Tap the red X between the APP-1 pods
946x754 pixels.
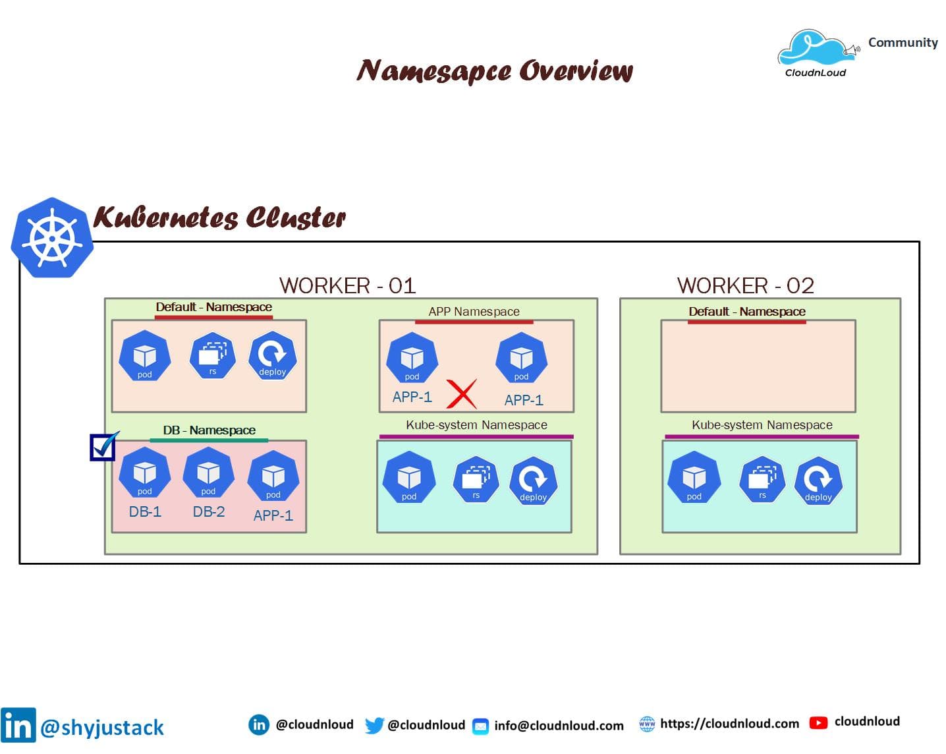(x=461, y=394)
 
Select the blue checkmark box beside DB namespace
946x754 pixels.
(x=103, y=448)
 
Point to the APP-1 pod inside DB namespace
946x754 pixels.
(x=273, y=476)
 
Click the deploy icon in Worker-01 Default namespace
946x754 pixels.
(x=272, y=356)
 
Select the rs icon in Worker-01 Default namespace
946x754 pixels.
(x=212, y=356)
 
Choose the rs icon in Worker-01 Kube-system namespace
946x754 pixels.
(x=476, y=479)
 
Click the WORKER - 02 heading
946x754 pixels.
(x=745, y=285)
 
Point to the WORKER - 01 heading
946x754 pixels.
(x=347, y=285)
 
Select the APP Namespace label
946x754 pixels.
(x=474, y=311)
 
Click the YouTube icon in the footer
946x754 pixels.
(x=818, y=723)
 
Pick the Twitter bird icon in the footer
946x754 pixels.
(x=374, y=725)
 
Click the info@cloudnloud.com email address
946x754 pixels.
(x=559, y=726)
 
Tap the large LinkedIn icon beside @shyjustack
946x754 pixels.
(x=18, y=726)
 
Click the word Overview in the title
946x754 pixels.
(x=575, y=71)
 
